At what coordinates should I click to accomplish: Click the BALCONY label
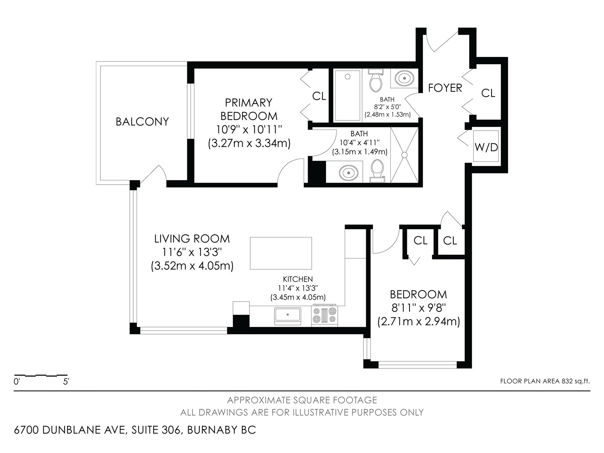click(142, 122)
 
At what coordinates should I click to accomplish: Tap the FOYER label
click(445, 88)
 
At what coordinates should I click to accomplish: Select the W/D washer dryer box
click(486, 146)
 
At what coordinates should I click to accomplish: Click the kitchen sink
click(288, 316)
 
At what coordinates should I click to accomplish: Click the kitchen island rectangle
click(281, 253)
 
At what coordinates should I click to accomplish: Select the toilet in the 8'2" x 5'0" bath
click(376, 80)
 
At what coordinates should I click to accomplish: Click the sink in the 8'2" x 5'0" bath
click(404, 78)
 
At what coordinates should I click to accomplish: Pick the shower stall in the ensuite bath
click(404, 155)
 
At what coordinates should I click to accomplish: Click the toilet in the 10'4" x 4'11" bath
click(377, 171)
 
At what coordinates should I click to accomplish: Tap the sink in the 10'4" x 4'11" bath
click(348, 173)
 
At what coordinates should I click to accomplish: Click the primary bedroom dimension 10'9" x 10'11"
click(249, 129)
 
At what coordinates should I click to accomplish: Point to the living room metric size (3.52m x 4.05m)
click(192, 266)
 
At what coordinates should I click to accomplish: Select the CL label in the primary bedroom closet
click(319, 96)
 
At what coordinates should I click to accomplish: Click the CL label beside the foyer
click(488, 93)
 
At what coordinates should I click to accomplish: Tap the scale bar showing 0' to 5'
click(41, 375)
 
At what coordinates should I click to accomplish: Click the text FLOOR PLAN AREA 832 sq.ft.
click(545, 381)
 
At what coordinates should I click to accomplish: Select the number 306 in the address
click(171, 430)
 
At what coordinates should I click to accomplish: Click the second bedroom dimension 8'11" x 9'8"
click(419, 308)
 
